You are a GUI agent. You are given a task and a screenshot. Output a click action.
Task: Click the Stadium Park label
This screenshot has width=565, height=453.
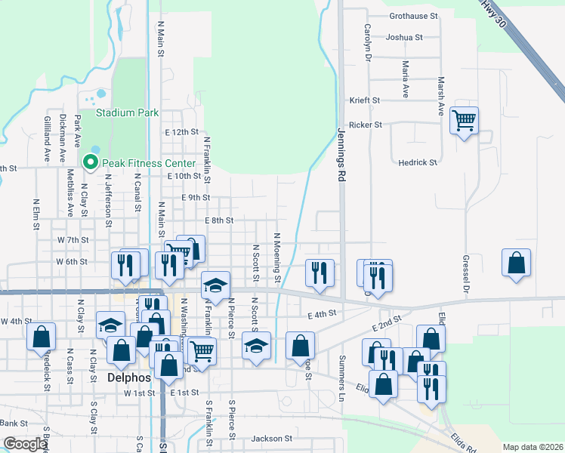127,112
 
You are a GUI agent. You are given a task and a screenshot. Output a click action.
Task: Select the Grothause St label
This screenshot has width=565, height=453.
413,16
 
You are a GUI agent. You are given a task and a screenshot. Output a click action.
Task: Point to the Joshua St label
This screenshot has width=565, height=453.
403,37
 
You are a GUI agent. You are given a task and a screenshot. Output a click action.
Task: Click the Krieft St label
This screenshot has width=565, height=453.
363,100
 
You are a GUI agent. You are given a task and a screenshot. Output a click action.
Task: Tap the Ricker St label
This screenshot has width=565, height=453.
365,125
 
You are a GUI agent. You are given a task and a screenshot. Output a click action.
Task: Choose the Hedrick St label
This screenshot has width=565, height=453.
418,162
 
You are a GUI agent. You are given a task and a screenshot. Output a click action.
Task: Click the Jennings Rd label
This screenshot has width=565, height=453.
341,155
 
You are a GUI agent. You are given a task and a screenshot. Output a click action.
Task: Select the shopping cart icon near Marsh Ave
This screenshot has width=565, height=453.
464,119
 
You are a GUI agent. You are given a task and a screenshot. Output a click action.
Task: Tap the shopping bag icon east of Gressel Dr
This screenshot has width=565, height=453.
516,263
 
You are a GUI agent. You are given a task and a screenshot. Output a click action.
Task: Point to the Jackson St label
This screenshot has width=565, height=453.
271,439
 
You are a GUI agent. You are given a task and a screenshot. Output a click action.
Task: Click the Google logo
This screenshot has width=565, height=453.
25,444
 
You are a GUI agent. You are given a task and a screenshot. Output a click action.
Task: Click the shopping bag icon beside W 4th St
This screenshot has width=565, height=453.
42,337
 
